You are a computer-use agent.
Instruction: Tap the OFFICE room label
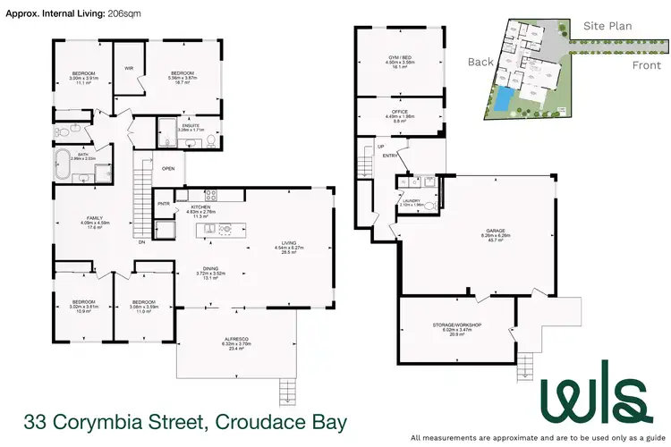click(x=400, y=112)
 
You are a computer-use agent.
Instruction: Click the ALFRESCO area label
click(x=236, y=338)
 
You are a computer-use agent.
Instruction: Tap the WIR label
click(x=129, y=67)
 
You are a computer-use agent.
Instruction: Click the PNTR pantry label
click(x=164, y=203)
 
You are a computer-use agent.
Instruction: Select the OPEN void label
click(x=168, y=167)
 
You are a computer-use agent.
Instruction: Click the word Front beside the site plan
click(x=621, y=65)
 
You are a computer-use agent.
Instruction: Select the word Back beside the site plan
click(x=480, y=62)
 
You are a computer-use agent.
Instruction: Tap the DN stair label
click(x=140, y=241)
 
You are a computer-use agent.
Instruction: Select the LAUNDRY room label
click(x=412, y=201)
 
